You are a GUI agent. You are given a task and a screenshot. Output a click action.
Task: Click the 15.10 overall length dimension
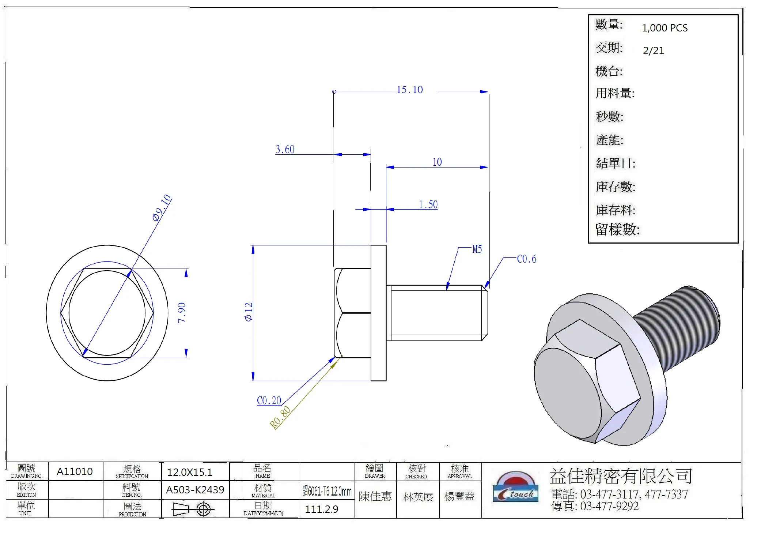pos(409,90)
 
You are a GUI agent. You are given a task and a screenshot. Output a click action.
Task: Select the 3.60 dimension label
pos(285,149)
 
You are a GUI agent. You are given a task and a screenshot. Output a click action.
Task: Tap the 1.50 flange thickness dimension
pos(428,204)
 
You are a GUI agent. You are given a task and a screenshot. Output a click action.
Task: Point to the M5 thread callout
pos(477,249)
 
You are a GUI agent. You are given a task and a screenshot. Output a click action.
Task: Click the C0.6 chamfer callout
pos(526,259)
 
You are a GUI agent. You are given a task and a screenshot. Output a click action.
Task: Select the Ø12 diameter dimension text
pos(249,312)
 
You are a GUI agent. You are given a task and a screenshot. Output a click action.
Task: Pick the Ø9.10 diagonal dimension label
pos(162,207)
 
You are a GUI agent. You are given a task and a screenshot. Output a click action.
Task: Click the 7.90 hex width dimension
pos(182,313)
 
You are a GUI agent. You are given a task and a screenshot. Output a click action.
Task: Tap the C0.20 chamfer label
pos(269,400)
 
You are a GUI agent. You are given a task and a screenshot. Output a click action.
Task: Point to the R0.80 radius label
pos(280,417)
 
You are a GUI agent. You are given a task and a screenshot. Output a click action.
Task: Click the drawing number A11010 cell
pos(75,471)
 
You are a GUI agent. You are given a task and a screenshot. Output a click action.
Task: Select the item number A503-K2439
pos(195,490)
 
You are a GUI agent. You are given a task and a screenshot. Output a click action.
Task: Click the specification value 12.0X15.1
pos(190,472)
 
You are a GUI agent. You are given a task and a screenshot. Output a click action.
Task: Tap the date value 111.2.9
pos(321,509)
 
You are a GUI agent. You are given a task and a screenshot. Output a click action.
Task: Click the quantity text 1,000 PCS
pos(665,28)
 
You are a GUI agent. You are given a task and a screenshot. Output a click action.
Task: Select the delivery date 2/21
pos(653,50)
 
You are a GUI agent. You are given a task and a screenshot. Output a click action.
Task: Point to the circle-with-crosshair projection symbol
pos(203,509)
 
